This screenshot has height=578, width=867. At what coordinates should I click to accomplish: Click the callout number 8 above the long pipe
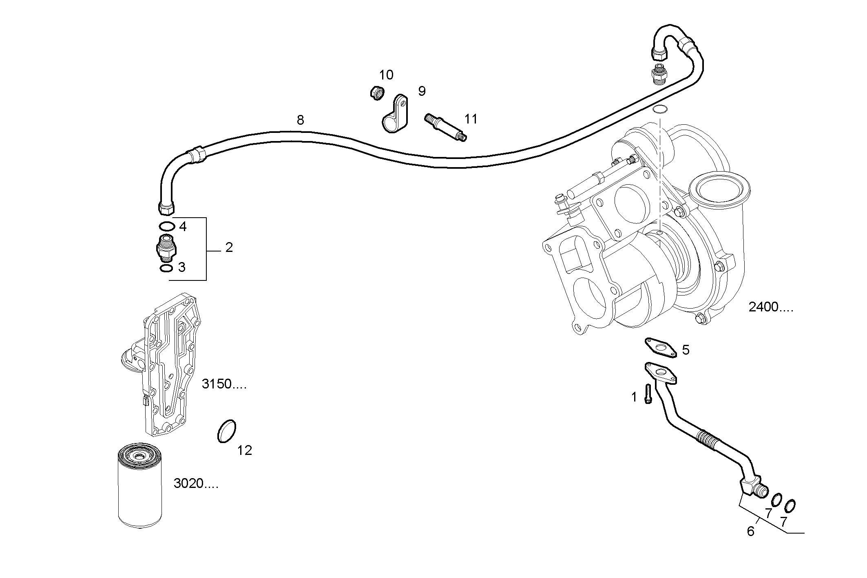pyautogui.click(x=300, y=120)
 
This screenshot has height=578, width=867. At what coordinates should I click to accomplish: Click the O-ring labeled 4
pyautogui.click(x=166, y=226)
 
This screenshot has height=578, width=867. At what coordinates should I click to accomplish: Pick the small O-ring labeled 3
pyautogui.click(x=166, y=268)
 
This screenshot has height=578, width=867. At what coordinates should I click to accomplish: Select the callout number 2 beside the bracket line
pyautogui.click(x=229, y=247)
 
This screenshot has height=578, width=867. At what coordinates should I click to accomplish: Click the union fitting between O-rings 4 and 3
pyautogui.click(x=165, y=247)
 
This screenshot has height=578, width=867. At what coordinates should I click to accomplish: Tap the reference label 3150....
pyautogui.click(x=224, y=384)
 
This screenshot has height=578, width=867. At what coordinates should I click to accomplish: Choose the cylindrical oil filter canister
pyautogui.click(x=139, y=485)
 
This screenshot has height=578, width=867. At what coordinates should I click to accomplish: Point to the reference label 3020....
pyautogui.click(x=196, y=483)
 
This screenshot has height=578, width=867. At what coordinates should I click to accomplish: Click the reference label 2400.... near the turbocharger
pyautogui.click(x=771, y=307)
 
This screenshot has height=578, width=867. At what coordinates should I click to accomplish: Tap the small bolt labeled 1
pyautogui.click(x=648, y=394)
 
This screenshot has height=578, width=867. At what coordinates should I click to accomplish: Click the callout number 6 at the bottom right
pyautogui.click(x=750, y=531)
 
